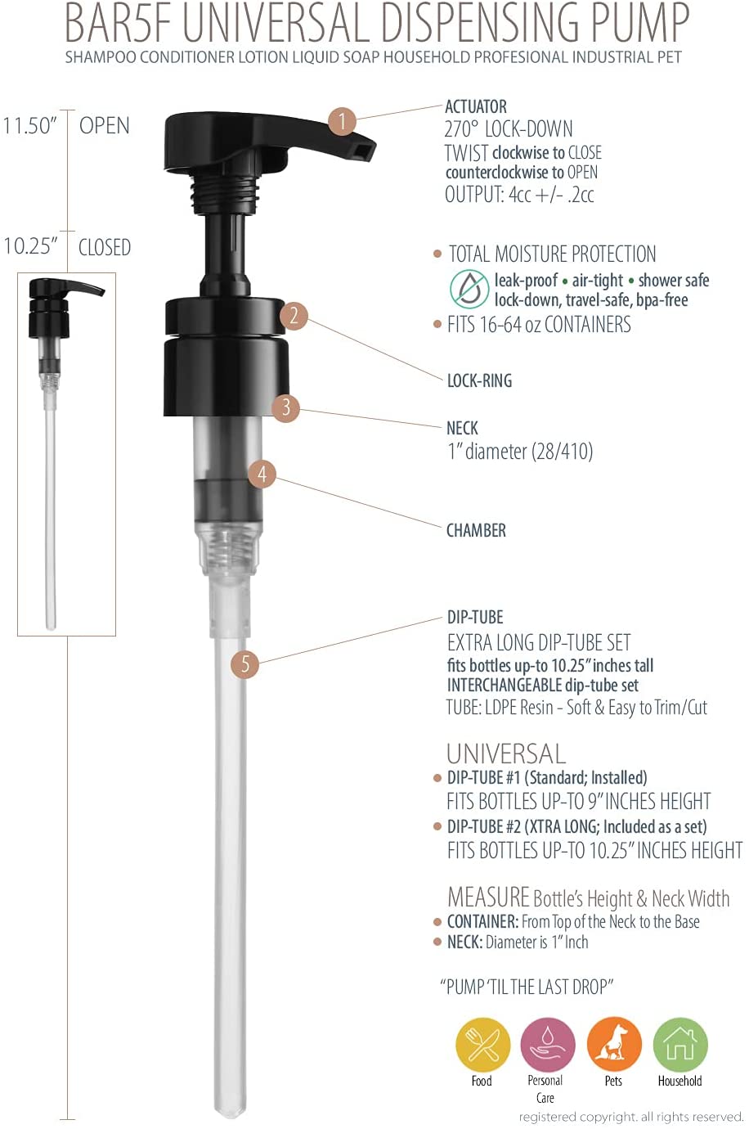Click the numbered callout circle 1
tap(342, 121)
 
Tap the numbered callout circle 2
tap(294, 316)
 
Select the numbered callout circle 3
tap(285, 407)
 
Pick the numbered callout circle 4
tap(262, 474)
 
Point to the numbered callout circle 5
tap(244, 663)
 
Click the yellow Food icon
tap(482, 1045)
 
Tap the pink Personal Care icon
tap(548, 1045)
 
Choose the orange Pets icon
tap(615, 1045)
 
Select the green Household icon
tap(680, 1045)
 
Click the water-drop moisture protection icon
tap(469, 289)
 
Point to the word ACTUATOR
tap(476, 107)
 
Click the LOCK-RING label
tap(479, 380)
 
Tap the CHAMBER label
tap(476, 530)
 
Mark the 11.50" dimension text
tap(30, 126)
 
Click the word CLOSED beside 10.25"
tap(105, 247)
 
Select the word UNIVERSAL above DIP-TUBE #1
tap(506, 754)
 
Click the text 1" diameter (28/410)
tap(520, 451)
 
